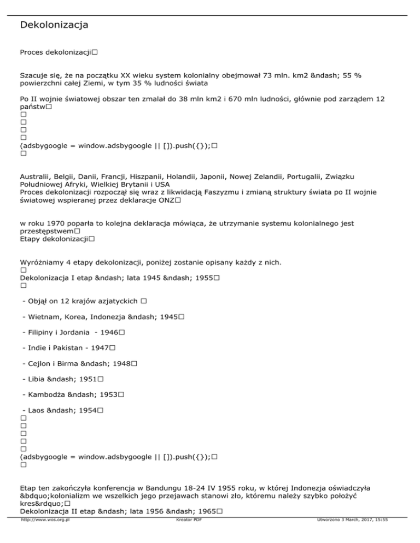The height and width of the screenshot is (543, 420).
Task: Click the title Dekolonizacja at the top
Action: [54, 25]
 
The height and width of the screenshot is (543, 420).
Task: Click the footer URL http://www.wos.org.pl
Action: [48, 536]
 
